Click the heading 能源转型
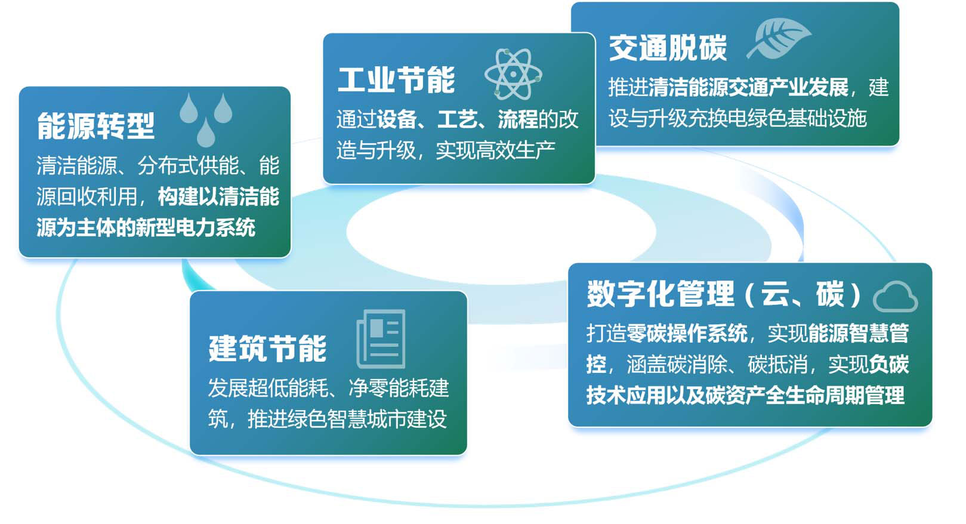click(x=95, y=126)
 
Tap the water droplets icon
click(x=206, y=119)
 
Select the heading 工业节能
click(x=396, y=80)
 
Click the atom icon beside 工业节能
click(x=513, y=74)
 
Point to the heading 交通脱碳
click(x=668, y=48)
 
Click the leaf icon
click(x=779, y=38)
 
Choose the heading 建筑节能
click(x=267, y=349)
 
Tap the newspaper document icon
click(x=381, y=338)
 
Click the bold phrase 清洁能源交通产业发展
click(x=748, y=87)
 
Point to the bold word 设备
click(x=396, y=119)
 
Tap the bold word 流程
click(x=517, y=119)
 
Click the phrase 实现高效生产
click(x=495, y=150)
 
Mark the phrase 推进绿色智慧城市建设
click(x=347, y=419)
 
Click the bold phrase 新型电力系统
click(x=195, y=227)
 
